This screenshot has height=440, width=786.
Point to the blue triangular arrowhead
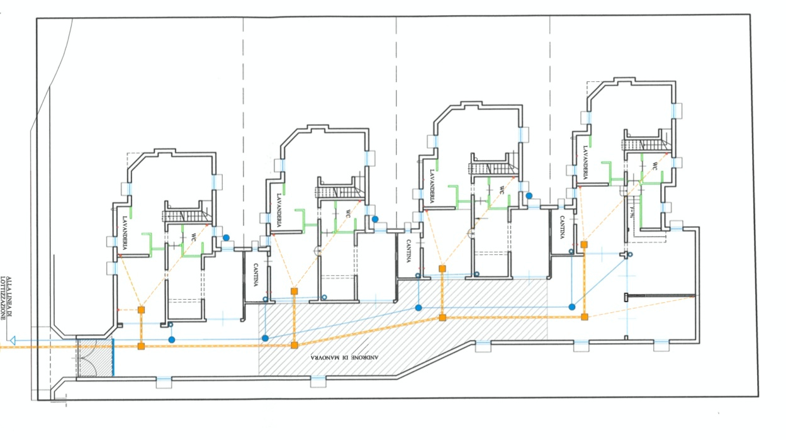(x=13, y=341)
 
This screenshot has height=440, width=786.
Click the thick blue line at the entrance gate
(x=113, y=357)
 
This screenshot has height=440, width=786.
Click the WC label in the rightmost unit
(x=654, y=167)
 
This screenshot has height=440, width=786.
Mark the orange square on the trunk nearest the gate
(x=141, y=346)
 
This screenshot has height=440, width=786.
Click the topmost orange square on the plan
(x=584, y=244)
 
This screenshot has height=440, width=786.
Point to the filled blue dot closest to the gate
(x=172, y=340)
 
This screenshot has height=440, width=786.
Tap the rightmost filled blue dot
(x=571, y=307)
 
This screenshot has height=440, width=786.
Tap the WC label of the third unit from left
(x=502, y=189)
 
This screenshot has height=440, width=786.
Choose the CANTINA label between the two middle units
(x=408, y=251)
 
